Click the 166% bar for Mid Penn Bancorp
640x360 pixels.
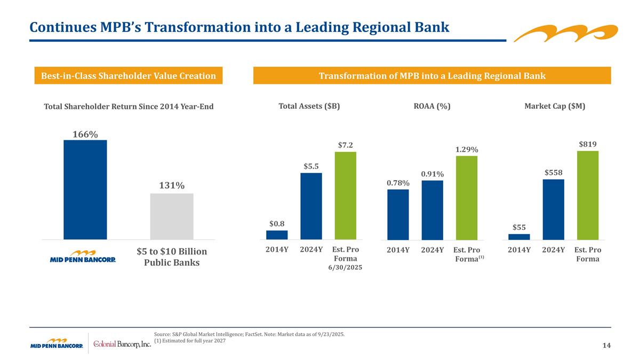point(85,189)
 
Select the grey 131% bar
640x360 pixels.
point(172,216)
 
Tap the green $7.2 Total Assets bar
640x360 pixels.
point(345,196)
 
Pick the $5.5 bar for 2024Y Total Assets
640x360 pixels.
point(311,206)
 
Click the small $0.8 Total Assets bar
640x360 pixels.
point(277,235)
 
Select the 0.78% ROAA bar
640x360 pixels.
point(398,214)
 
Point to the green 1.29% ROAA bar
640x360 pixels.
point(466,197)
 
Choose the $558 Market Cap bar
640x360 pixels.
point(553,209)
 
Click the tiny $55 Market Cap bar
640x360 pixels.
point(519,237)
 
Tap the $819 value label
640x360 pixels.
point(587,144)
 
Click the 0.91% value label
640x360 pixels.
point(432,174)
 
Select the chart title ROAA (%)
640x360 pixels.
point(432,106)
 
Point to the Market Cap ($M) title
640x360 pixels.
point(555,106)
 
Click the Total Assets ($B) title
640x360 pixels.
point(309,106)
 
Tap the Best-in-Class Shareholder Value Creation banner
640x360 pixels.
point(128,76)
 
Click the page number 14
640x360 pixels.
point(606,346)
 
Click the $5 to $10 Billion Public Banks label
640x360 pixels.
point(172,257)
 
